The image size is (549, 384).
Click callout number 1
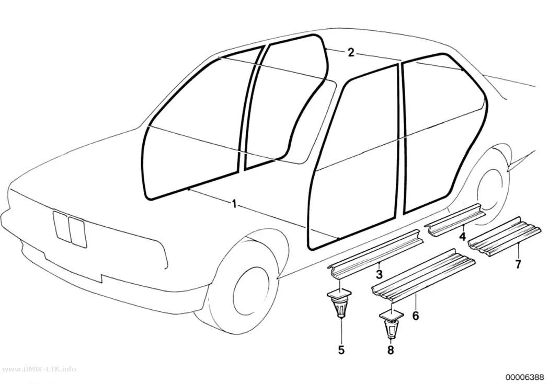234,204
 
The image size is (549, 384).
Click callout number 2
351,53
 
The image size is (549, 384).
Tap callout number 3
379,274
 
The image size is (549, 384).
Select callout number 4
463,237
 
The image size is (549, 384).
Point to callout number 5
341,350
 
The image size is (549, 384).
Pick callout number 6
415,316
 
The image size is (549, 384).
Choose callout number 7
518,263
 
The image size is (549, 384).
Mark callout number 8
391,350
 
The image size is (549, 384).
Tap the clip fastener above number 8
392,324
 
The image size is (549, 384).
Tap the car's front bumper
84,255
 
